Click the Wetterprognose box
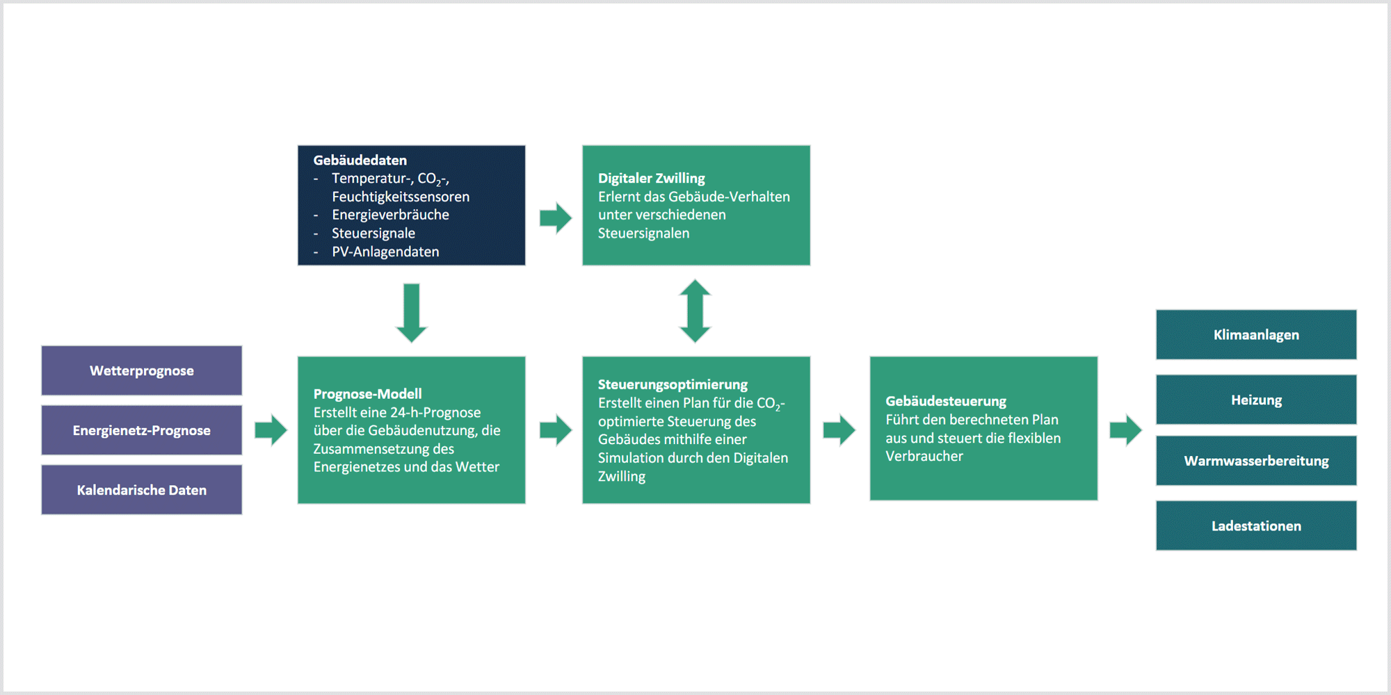coord(142,370)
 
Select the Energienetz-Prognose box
coord(142,430)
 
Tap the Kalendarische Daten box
coord(142,490)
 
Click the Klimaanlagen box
coord(1256,334)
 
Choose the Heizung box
coord(1256,400)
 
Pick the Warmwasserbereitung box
coord(1256,461)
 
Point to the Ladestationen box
coord(1256,526)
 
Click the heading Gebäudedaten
coord(360,161)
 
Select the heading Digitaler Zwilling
coord(652,179)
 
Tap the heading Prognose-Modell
coord(367,394)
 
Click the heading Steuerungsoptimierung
coord(673,384)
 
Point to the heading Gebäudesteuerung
coord(946,401)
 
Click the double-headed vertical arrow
coord(695,311)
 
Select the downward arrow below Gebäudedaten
coord(411,313)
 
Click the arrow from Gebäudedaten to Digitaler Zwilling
coord(556,218)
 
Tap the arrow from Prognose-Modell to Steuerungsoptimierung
coord(556,430)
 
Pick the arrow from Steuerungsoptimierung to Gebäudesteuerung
coord(839,430)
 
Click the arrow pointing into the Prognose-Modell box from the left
coord(271,430)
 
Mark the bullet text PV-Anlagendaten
coord(385,252)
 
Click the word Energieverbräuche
coord(390,215)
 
